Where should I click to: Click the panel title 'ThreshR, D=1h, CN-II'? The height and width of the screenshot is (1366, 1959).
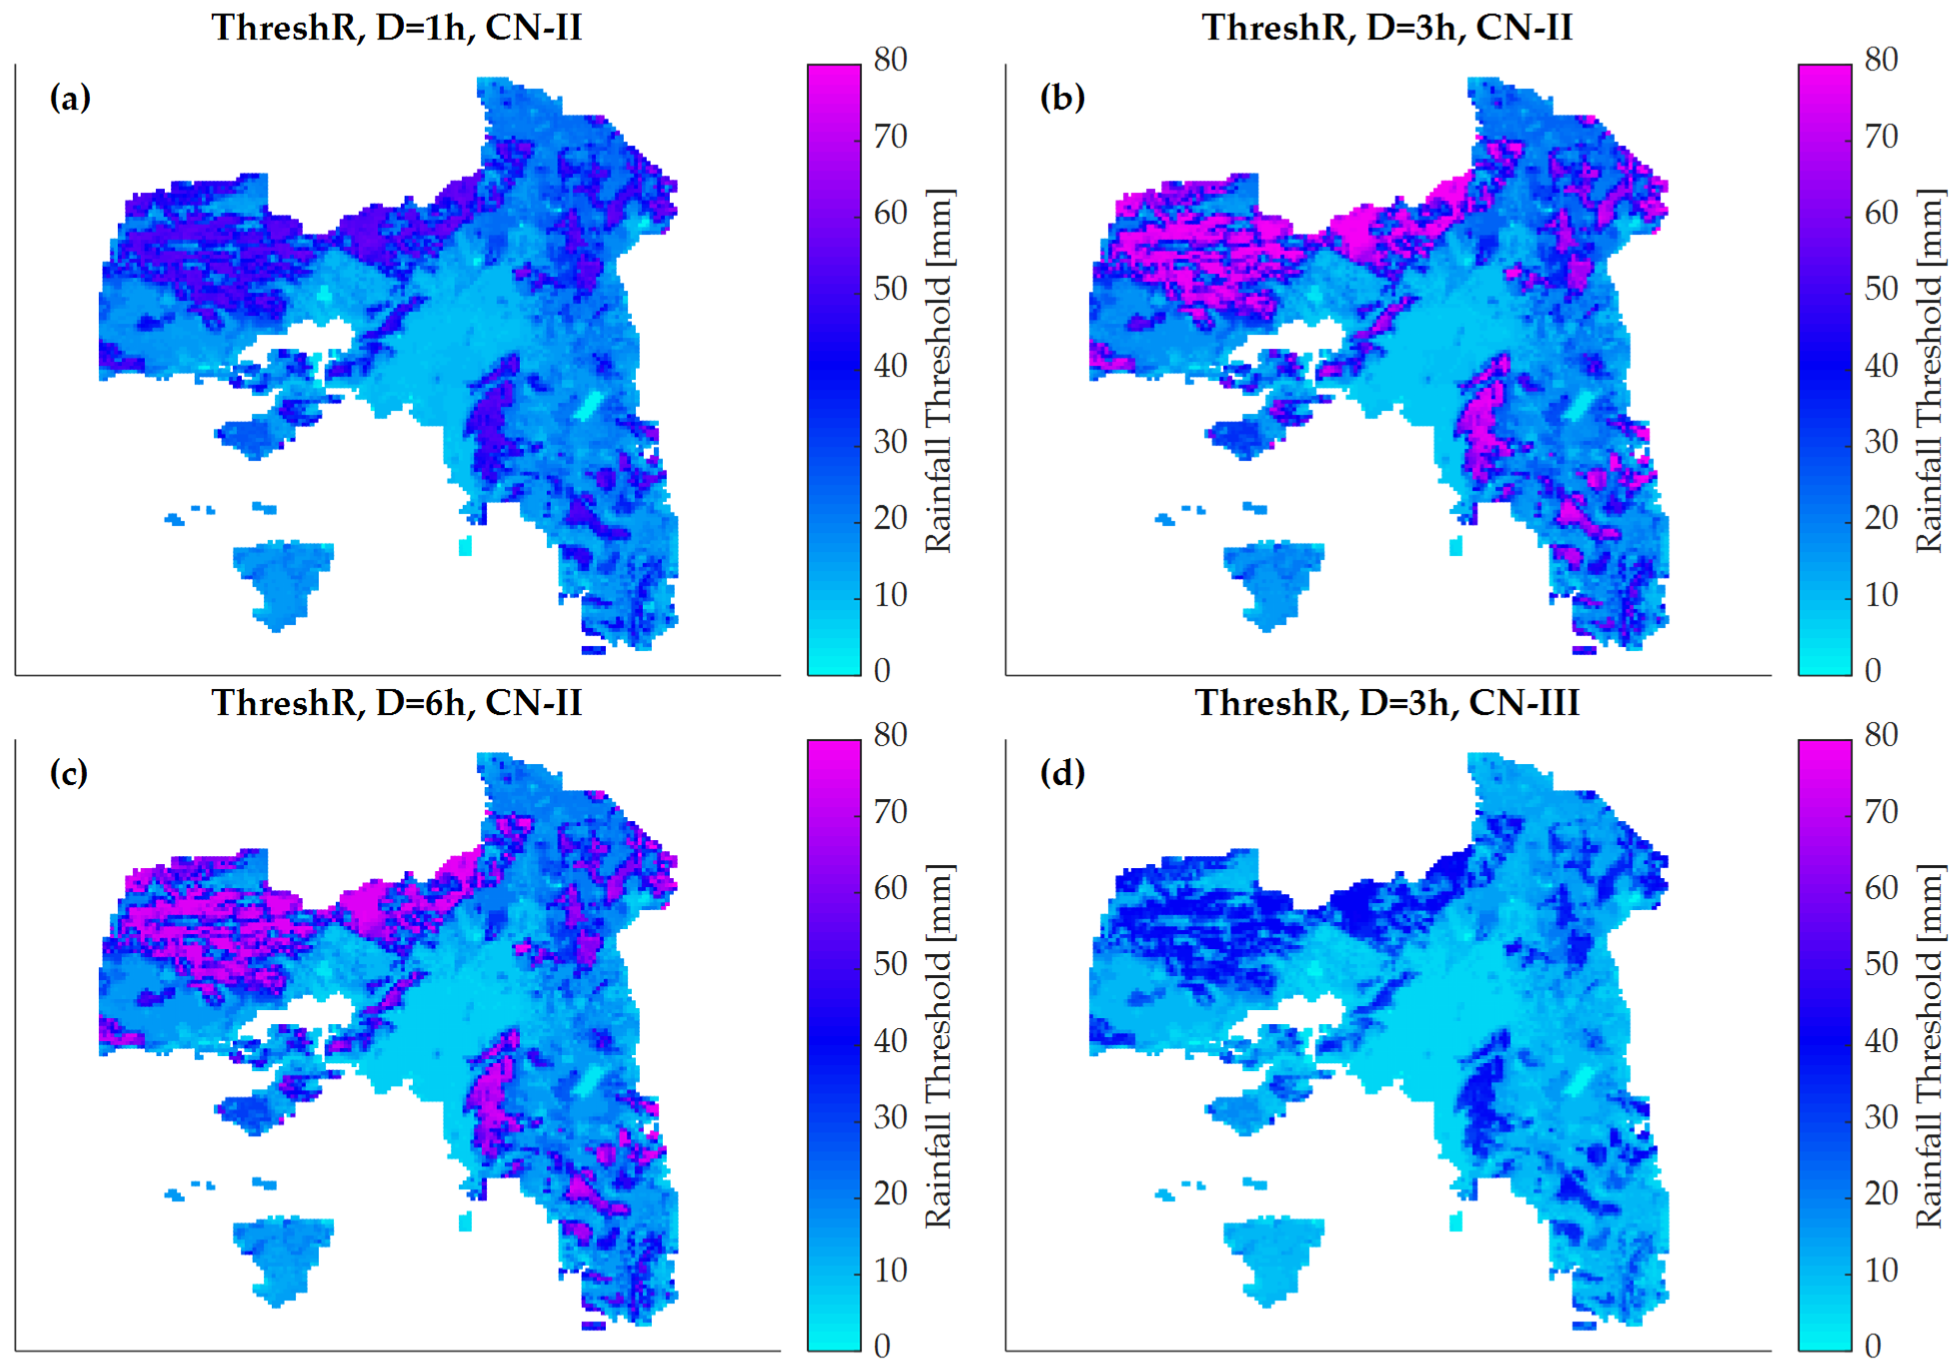(397, 28)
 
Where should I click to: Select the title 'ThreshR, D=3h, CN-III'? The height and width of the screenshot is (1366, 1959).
(1387, 703)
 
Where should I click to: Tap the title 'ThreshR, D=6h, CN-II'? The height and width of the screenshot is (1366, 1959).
(397, 703)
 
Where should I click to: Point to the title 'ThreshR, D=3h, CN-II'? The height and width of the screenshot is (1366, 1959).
(1387, 28)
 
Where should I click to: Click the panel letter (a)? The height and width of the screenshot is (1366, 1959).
(70, 98)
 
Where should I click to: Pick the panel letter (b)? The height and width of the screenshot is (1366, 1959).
(1062, 98)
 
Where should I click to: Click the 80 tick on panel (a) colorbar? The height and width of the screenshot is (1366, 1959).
(890, 60)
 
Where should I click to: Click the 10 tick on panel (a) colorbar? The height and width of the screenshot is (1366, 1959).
(890, 595)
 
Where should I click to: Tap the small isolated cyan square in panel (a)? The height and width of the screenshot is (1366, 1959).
(465, 546)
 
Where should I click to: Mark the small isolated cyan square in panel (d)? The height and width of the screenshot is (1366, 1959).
(1455, 1222)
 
